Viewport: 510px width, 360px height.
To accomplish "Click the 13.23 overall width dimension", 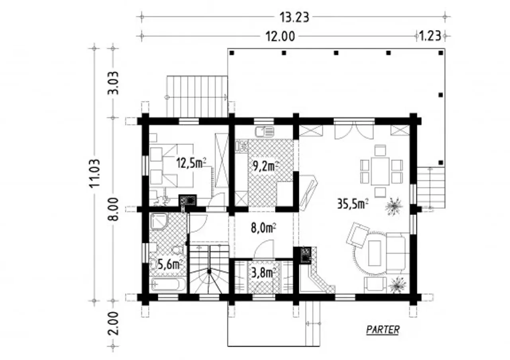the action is (x=294, y=18).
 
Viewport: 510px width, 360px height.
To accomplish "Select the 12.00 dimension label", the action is (x=280, y=36).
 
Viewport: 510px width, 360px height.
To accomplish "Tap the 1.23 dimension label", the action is (x=430, y=36).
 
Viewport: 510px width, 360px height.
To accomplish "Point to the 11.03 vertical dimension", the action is (x=94, y=173).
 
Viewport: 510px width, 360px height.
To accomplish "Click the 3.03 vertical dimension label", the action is (x=113, y=83).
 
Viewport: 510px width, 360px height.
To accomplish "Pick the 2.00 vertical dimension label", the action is (x=113, y=323).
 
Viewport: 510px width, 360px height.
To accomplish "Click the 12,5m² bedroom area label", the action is (x=192, y=163).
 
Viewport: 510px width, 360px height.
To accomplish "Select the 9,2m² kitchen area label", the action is (x=266, y=166).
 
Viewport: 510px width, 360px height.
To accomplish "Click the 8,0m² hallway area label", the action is (x=264, y=228).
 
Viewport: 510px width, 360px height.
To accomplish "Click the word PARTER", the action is (x=383, y=330).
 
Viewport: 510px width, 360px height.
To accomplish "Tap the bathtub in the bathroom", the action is (x=168, y=284).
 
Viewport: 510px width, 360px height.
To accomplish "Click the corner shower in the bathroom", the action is (x=159, y=222).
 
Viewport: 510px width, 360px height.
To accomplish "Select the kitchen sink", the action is (x=265, y=132).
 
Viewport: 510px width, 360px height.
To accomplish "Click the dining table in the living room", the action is (x=380, y=171).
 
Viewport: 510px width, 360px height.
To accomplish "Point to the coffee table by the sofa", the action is (x=374, y=253).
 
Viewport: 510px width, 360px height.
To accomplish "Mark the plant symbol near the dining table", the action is (x=394, y=206).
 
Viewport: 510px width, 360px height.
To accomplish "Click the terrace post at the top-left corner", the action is (x=232, y=53).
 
